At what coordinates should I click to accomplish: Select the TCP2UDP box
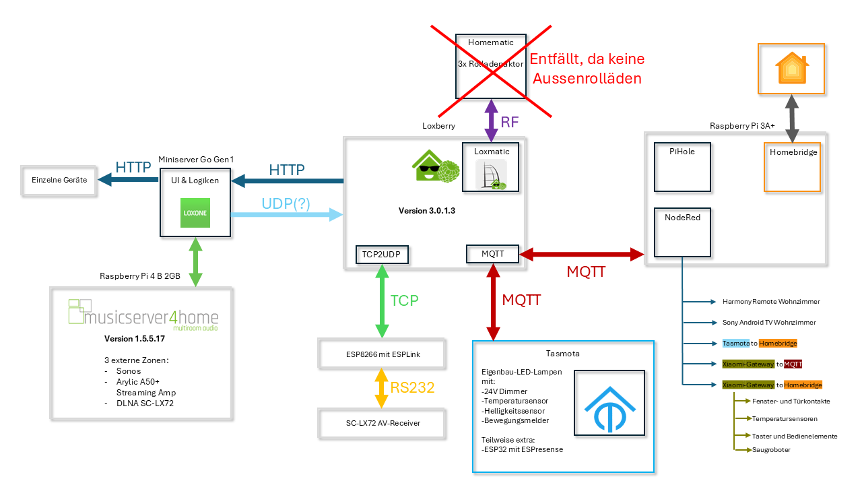tap(382, 255)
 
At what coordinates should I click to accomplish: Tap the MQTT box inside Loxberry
tap(493, 254)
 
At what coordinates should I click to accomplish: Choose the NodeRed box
tap(682, 232)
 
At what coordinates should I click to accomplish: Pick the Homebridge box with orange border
tap(793, 167)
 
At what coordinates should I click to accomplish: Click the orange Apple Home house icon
tap(792, 68)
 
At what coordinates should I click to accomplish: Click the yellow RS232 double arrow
tap(382, 387)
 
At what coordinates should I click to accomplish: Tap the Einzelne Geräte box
tap(59, 181)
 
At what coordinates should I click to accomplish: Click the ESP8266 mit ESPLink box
tap(382, 352)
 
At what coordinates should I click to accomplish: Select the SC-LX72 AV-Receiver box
tap(382, 424)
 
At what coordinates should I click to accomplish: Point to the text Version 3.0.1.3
tap(427, 211)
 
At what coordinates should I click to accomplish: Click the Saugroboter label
tap(771, 449)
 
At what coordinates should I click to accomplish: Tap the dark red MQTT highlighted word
tap(793, 364)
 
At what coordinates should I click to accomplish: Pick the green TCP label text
tap(405, 300)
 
